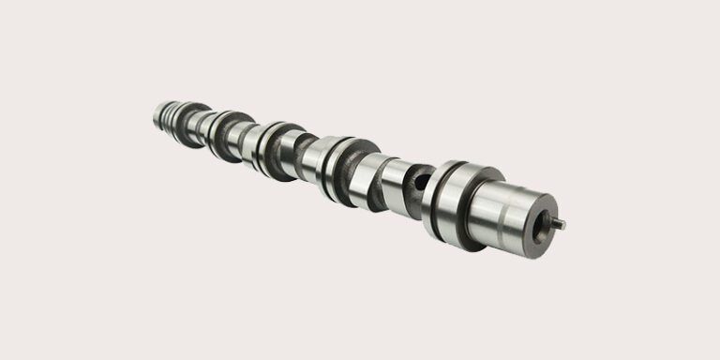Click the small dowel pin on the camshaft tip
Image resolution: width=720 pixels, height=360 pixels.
560,223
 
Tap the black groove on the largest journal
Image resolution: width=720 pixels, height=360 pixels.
439,199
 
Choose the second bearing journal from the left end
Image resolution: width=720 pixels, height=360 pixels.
225,134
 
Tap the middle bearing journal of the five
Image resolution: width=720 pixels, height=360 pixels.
274,147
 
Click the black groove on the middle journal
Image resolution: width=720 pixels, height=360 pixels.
268,146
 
